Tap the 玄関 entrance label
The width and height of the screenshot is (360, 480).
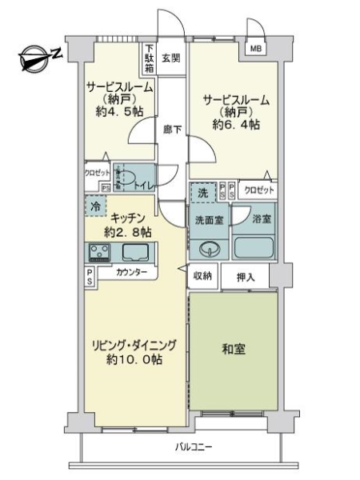click(170, 58)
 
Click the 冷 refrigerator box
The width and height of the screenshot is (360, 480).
click(94, 206)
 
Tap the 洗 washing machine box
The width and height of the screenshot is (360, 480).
click(203, 193)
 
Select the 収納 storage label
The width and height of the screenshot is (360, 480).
click(202, 276)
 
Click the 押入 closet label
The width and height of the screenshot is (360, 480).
click(247, 278)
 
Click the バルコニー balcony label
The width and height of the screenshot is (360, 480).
click(194, 447)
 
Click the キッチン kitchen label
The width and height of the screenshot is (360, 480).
click(127, 217)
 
